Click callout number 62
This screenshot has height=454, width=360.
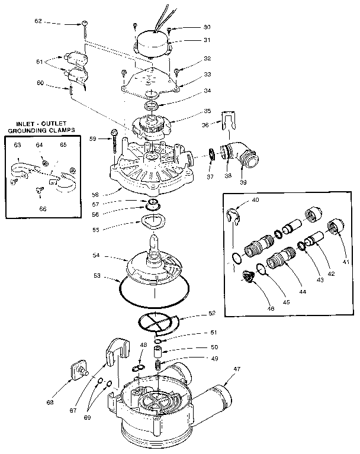coord(38,21)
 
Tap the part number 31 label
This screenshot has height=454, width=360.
coord(191,40)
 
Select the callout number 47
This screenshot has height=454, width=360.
coord(237,368)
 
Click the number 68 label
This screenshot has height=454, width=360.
coord(50,402)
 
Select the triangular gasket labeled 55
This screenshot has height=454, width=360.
coord(152,222)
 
